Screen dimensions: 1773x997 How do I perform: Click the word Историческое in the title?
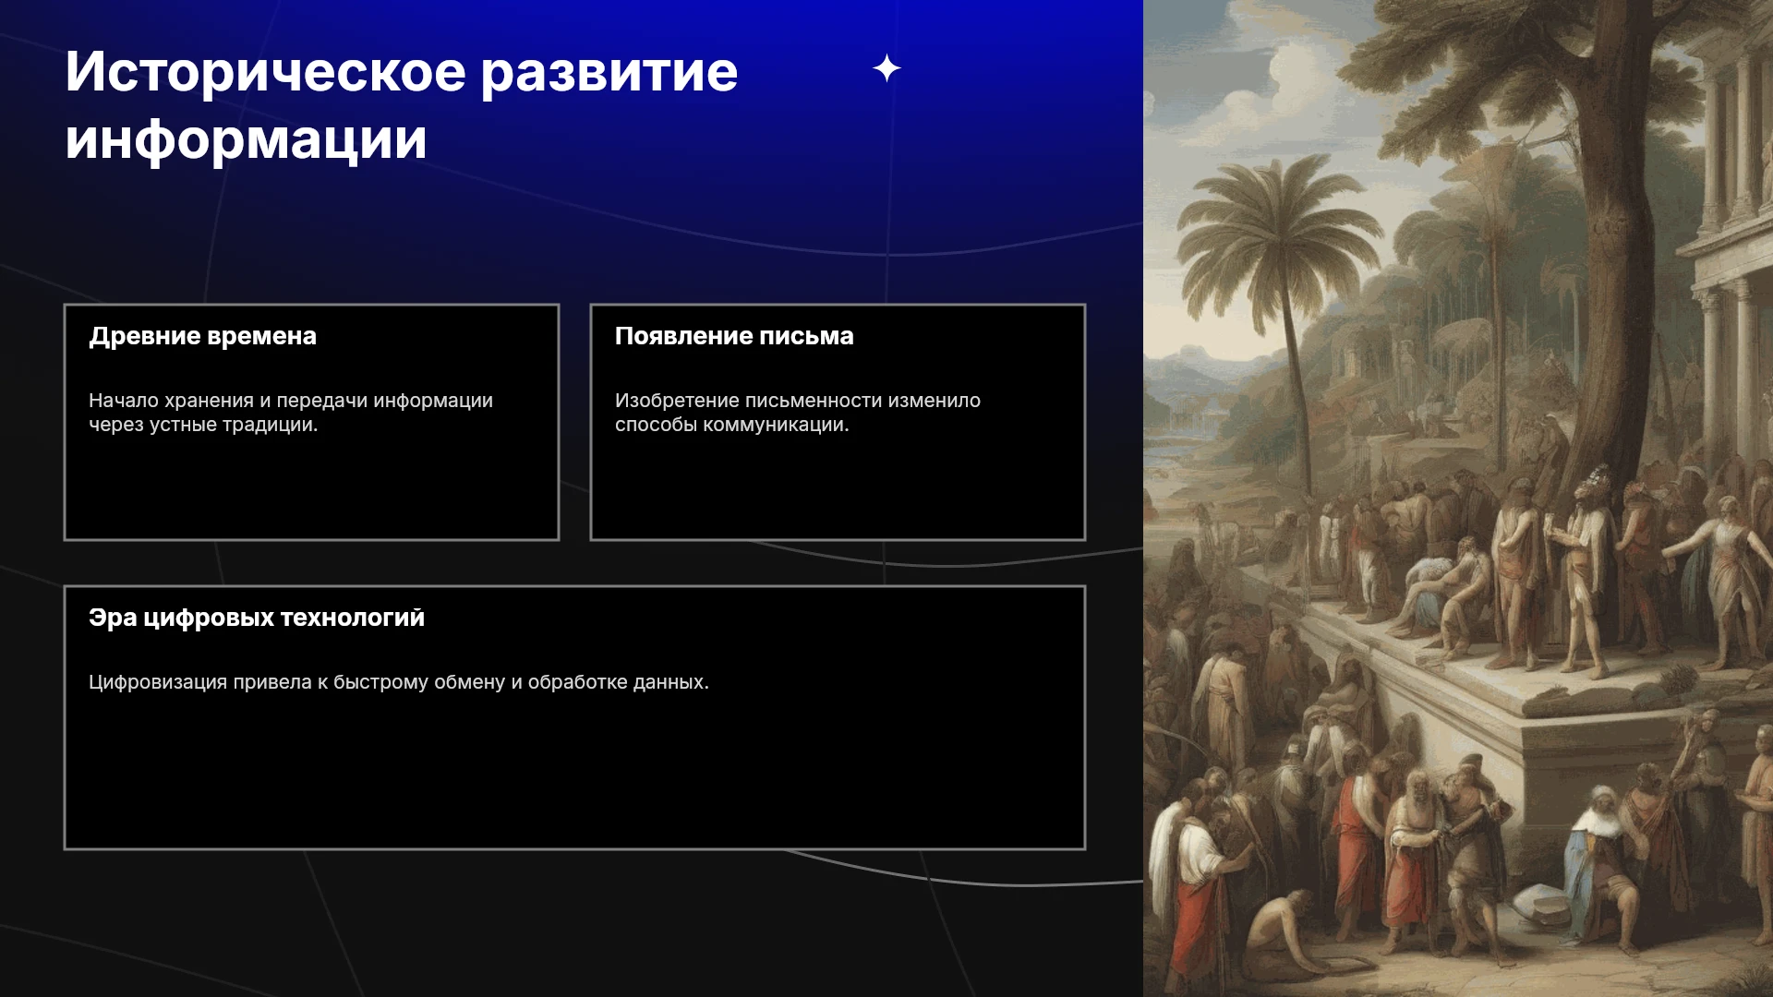(x=266, y=72)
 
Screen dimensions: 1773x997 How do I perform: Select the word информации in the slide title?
(x=247, y=141)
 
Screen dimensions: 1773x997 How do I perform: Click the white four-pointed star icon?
(x=886, y=68)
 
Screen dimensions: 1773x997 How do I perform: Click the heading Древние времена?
(x=202, y=336)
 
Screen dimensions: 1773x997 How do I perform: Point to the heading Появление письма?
(x=734, y=336)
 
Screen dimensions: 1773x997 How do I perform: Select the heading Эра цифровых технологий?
(x=257, y=618)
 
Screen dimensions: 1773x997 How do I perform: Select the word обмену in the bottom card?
(x=470, y=683)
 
